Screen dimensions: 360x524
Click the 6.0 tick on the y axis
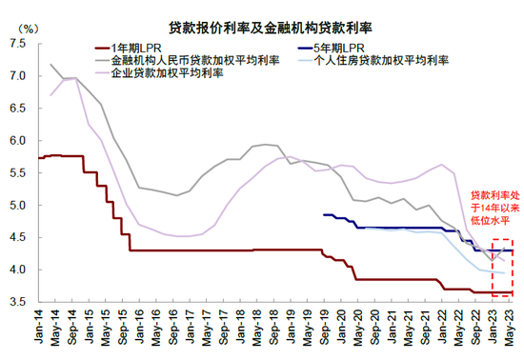pyautogui.click(x=17, y=140)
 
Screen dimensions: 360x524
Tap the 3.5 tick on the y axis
pyautogui.click(x=17, y=302)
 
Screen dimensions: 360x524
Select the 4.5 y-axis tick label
pyautogui.click(x=17, y=237)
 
